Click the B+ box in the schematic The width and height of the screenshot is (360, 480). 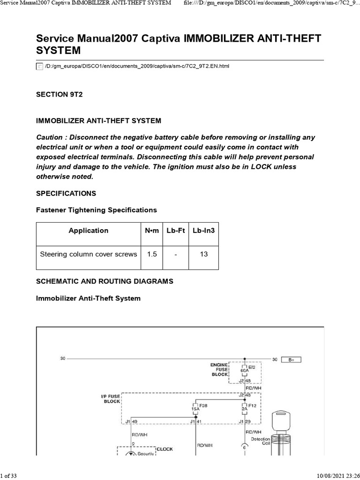point(291,360)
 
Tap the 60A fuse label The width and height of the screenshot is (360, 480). point(244,370)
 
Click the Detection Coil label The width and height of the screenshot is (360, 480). point(261,441)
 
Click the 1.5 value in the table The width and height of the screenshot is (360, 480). point(152,254)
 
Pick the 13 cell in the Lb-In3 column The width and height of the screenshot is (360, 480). point(203,254)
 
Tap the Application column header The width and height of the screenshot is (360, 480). point(88,230)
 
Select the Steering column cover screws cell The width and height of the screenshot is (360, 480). point(89,254)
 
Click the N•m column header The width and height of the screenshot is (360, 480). point(152,230)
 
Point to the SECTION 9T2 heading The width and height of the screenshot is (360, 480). point(59,94)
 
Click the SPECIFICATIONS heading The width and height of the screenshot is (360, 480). point(66,193)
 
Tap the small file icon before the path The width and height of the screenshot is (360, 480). point(40,67)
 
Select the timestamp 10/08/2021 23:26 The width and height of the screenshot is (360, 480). point(335,476)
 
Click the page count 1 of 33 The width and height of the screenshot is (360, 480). point(9,476)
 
